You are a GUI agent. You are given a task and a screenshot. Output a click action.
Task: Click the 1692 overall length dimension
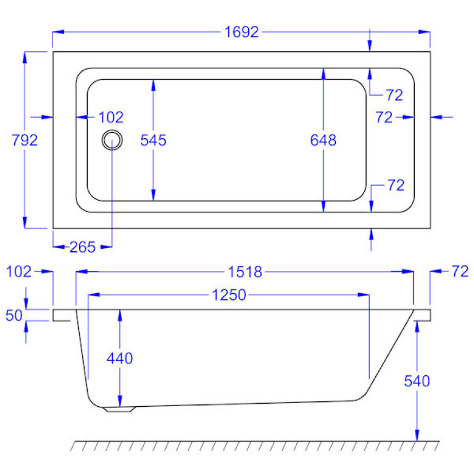tap(241, 32)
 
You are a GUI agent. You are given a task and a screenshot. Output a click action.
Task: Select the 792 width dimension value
tap(25, 140)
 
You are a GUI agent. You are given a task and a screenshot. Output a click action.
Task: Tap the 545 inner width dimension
tap(153, 140)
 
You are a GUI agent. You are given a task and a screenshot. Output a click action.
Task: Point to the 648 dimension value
tap(323, 140)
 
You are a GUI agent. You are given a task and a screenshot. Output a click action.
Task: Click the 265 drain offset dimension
tap(82, 247)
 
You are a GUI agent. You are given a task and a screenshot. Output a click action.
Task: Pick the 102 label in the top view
tap(111, 117)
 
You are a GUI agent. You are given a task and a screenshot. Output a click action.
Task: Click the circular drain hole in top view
tap(112, 140)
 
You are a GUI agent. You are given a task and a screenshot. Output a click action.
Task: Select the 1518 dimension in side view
tap(245, 272)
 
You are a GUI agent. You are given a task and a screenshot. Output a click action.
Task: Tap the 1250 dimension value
tap(229, 295)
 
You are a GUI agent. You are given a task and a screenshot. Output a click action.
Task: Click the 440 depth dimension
tap(120, 358)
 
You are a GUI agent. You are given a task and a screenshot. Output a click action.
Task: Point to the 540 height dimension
tap(417, 381)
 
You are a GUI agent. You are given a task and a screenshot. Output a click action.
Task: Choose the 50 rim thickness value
tap(15, 315)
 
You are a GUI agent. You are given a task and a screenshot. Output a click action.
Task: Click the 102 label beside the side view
tap(18, 272)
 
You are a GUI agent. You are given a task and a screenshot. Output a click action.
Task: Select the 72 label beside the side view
tap(460, 272)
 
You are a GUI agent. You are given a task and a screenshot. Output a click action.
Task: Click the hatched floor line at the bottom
tap(256, 445)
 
